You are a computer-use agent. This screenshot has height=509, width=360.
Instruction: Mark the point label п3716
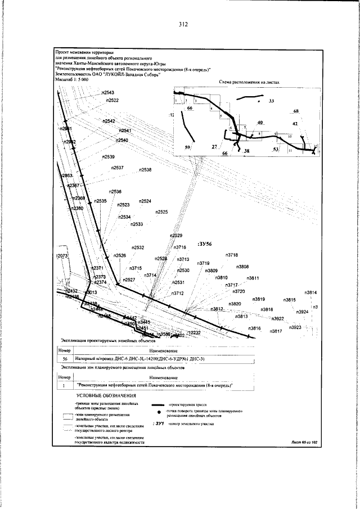pyautogui.click(x=180, y=247)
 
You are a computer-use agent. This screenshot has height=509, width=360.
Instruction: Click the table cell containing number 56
pyautogui.click(x=65, y=358)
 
